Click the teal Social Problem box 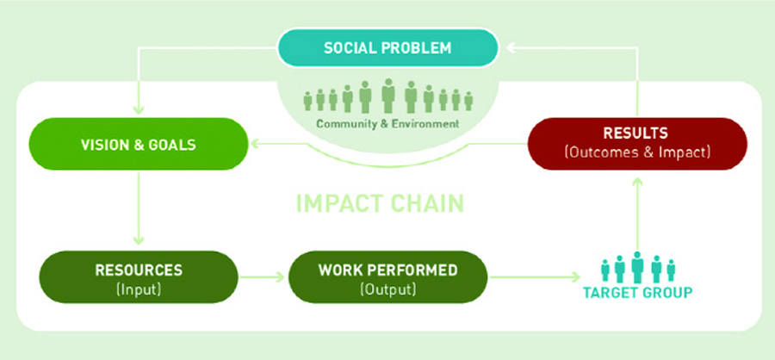coord(387,47)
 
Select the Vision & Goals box coord(137,144)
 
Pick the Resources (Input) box coord(139,278)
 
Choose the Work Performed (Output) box coord(387,278)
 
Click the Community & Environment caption coord(387,124)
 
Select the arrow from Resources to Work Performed coord(262,278)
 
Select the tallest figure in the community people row coord(387,95)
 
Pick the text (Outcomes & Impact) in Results coord(636,153)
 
